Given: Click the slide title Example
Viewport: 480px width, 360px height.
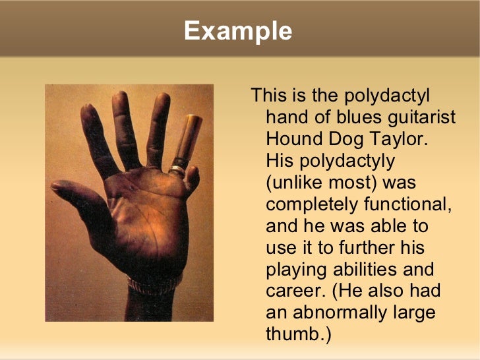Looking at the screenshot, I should coord(238,31).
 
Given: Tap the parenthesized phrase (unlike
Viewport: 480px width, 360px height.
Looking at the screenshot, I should coord(297,183).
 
